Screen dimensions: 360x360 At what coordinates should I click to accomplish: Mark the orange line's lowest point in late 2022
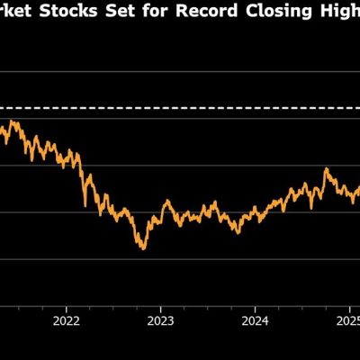tap(142, 248)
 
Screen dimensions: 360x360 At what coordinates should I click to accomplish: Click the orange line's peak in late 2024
tap(325, 168)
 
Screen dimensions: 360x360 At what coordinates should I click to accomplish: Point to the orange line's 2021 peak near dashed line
tap(14, 121)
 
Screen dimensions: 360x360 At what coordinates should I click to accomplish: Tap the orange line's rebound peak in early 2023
tap(166, 202)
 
